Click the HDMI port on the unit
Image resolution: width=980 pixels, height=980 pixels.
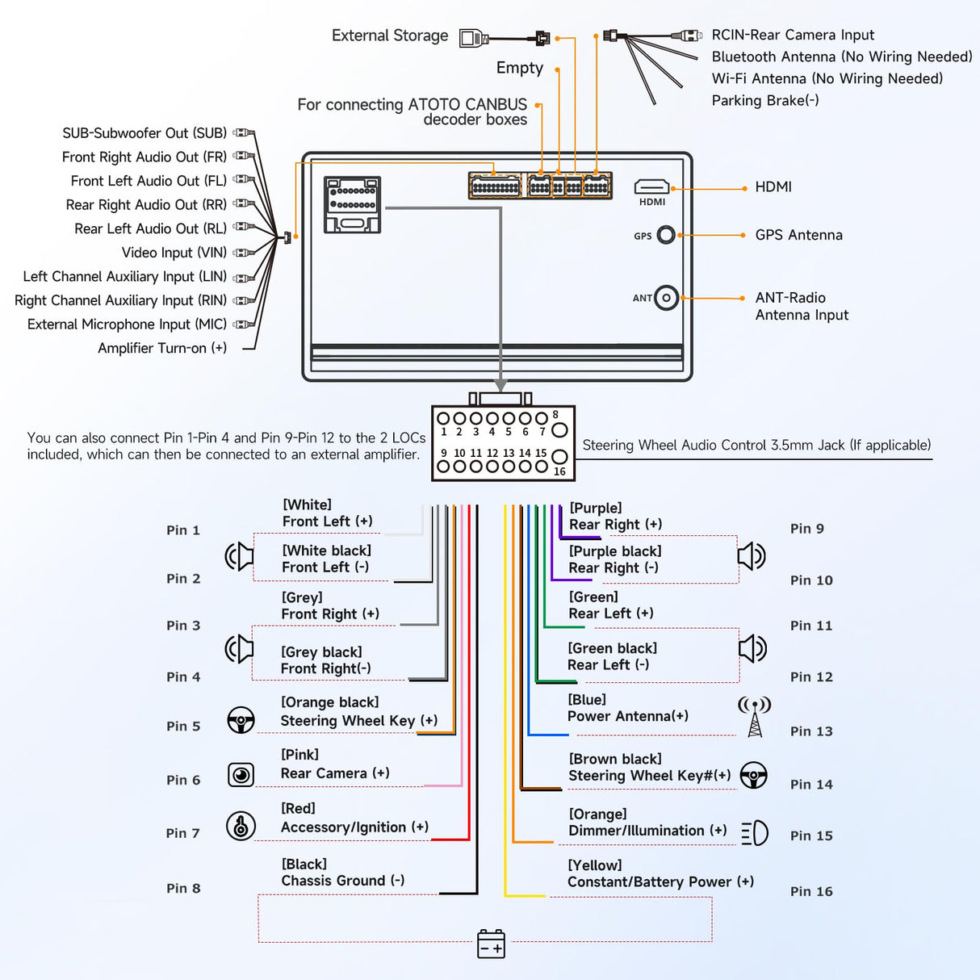651,187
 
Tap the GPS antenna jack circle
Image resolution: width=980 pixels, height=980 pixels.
666,235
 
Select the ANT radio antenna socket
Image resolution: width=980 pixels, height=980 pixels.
666,298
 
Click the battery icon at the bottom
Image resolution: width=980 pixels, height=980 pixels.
491,944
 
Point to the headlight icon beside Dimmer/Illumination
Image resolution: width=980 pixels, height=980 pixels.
755,833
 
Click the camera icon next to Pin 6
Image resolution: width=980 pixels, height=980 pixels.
241,775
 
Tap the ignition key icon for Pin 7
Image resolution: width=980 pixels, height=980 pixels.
241,826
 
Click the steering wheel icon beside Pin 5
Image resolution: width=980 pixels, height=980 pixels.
241,720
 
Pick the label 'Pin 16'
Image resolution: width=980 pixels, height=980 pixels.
811,891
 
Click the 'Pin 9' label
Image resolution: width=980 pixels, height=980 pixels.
807,529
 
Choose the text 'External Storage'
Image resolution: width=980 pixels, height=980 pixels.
390,36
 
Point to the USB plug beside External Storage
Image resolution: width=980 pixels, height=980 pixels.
474,37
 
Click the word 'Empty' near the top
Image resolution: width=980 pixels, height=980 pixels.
520,68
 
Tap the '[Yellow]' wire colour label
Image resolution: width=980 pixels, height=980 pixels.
595,865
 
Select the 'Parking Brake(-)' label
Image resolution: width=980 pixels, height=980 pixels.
765,101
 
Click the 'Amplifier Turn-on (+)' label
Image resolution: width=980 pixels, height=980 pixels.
162,348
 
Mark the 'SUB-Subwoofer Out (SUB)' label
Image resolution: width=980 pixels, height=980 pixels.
144,133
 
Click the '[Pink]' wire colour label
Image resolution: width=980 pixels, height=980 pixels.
299,755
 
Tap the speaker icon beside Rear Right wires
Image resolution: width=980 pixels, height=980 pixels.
752,555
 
